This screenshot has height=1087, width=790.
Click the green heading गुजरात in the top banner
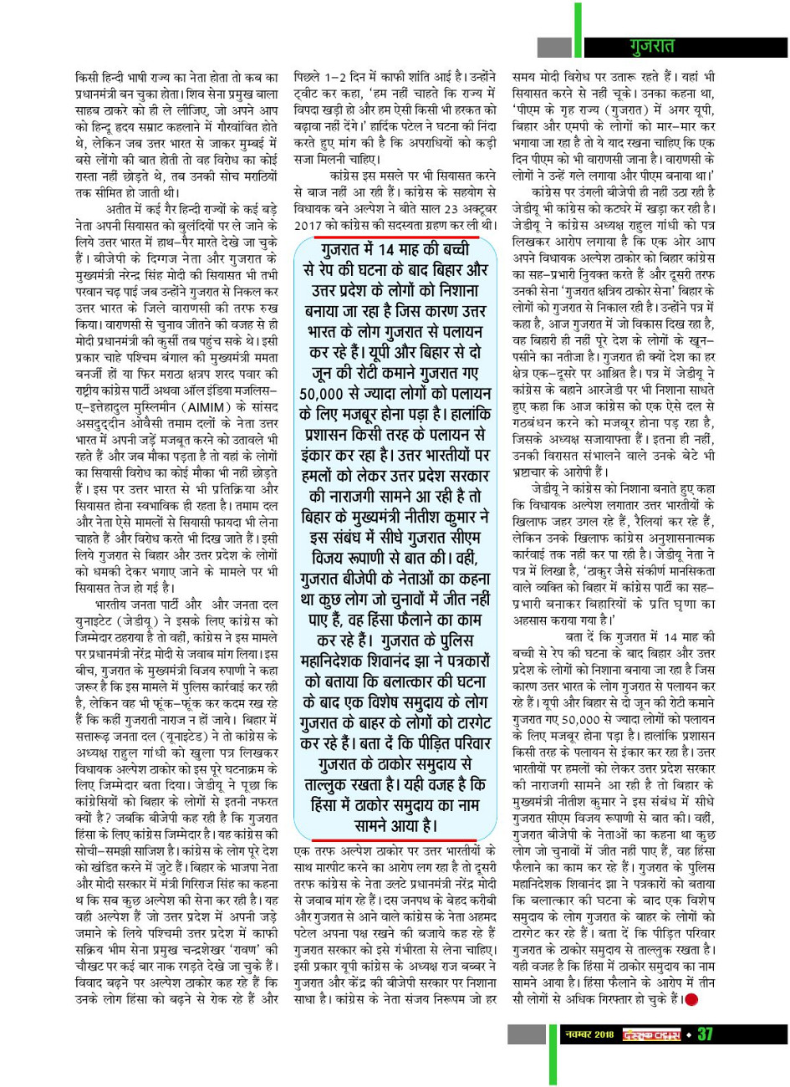[658, 47]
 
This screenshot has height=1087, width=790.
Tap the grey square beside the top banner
[553, 48]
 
